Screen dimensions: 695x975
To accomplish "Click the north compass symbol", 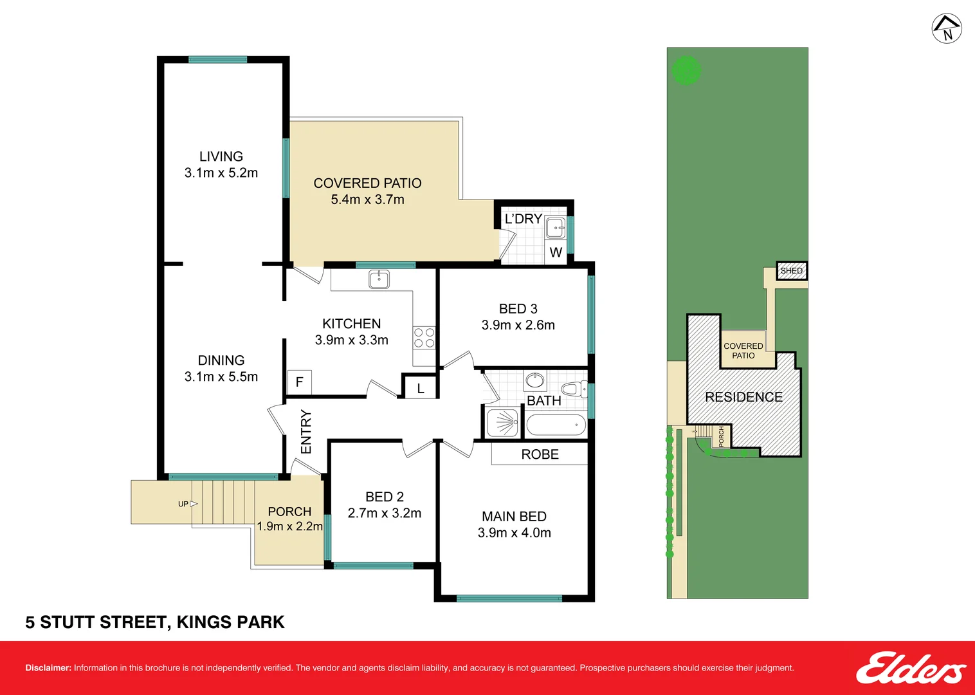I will (x=947, y=29).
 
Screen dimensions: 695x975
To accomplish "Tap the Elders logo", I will (x=910, y=668).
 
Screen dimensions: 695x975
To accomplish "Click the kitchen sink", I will (x=379, y=279).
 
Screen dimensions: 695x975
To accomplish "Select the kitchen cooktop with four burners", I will (x=424, y=338).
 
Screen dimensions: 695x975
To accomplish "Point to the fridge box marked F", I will (x=299, y=382).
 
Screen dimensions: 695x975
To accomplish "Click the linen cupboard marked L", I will (x=420, y=388).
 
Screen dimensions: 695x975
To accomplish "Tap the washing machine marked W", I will (x=556, y=252).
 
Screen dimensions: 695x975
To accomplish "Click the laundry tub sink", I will (x=555, y=228).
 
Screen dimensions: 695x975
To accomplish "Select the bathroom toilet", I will (x=573, y=389).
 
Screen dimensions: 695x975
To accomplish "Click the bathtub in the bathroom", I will (x=556, y=425).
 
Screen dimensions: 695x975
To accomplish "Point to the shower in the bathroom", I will (x=502, y=423).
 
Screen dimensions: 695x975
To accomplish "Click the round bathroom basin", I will (x=534, y=381).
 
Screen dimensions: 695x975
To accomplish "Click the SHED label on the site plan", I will (x=791, y=271).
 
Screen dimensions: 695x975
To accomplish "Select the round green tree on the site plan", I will (x=686, y=71).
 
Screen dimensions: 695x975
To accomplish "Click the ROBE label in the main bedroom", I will (x=540, y=454).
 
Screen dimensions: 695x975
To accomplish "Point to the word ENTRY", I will (x=306, y=432).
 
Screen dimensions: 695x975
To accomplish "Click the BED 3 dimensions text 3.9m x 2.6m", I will (x=518, y=325).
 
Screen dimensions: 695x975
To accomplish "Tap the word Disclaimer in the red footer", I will (x=48, y=668).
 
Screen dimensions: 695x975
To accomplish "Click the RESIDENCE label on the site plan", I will (x=743, y=397).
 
